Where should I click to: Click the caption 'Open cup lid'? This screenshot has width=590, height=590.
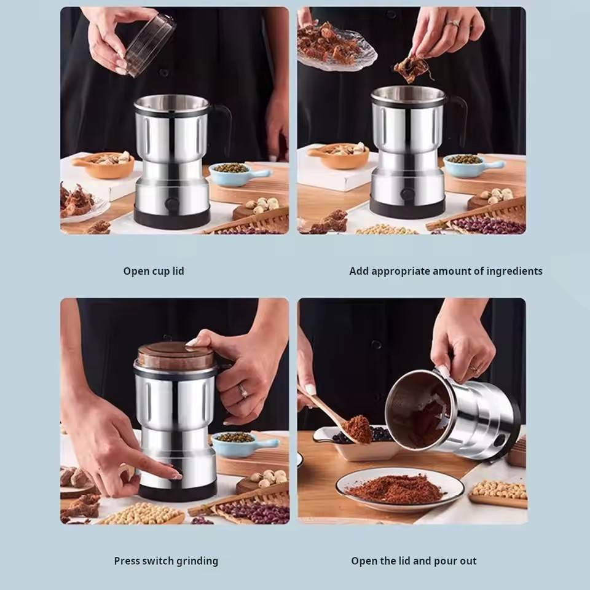pyautogui.click(x=154, y=271)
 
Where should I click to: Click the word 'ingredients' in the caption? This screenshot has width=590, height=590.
pyautogui.click(x=513, y=271)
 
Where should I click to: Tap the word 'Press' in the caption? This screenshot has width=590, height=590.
pyautogui.click(x=127, y=560)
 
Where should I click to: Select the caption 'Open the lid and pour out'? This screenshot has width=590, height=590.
pyautogui.click(x=414, y=560)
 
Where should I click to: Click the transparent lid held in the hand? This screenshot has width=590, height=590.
pyautogui.click(x=151, y=44)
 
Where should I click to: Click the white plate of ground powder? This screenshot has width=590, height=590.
pyautogui.click(x=399, y=488)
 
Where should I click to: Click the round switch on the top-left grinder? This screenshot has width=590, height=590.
pyautogui.click(x=173, y=204)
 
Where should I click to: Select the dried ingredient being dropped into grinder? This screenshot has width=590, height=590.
pyautogui.click(x=411, y=69)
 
